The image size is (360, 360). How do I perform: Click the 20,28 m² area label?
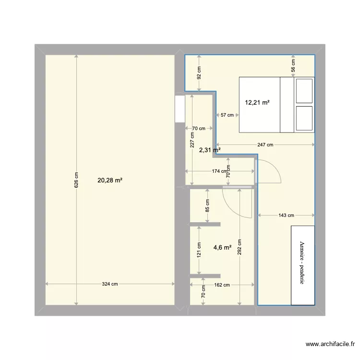pyautogui.click(x=110, y=180)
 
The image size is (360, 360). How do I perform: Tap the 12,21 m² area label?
pyautogui.click(x=257, y=102)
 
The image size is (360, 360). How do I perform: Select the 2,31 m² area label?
pyautogui.click(x=210, y=150)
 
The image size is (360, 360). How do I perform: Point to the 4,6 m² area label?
pyautogui.click(x=222, y=248)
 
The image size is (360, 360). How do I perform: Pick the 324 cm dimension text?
pyautogui.click(x=110, y=284)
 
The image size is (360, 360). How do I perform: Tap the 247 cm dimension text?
pyautogui.click(x=265, y=145)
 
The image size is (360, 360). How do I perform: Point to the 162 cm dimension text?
pyautogui.click(x=222, y=285)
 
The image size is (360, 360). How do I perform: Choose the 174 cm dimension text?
pyautogui.click(x=219, y=171)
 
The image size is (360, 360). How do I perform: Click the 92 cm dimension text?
pyautogui.click(x=199, y=73)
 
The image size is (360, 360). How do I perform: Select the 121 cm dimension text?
pyautogui.click(x=199, y=250)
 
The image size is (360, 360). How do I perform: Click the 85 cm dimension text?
pyautogui.click(x=207, y=205)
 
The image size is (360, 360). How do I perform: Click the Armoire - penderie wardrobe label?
pyautogui.click(x=302, y=264)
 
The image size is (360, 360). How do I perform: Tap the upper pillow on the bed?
pyautogui.click(x=304, y=91)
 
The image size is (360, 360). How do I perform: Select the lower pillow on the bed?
pyautogui.click(x=304, y=118)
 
